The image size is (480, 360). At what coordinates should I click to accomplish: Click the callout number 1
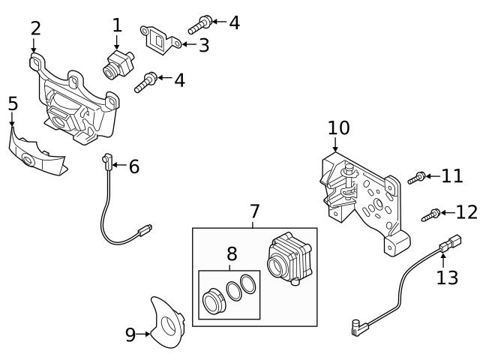(117, 25)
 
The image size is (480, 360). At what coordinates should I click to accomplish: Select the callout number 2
(35, 29)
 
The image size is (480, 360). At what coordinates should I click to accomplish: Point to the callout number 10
(338, 127)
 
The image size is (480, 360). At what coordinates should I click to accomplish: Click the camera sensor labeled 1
(117, 62)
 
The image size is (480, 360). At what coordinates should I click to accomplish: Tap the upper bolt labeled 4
(196, 25)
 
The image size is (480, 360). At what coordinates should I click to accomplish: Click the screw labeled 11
(417, 178)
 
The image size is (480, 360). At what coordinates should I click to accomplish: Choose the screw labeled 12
(430, 214)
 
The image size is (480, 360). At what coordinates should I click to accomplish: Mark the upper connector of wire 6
(106, 160)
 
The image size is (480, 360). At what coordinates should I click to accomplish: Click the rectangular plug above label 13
(450, 243)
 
